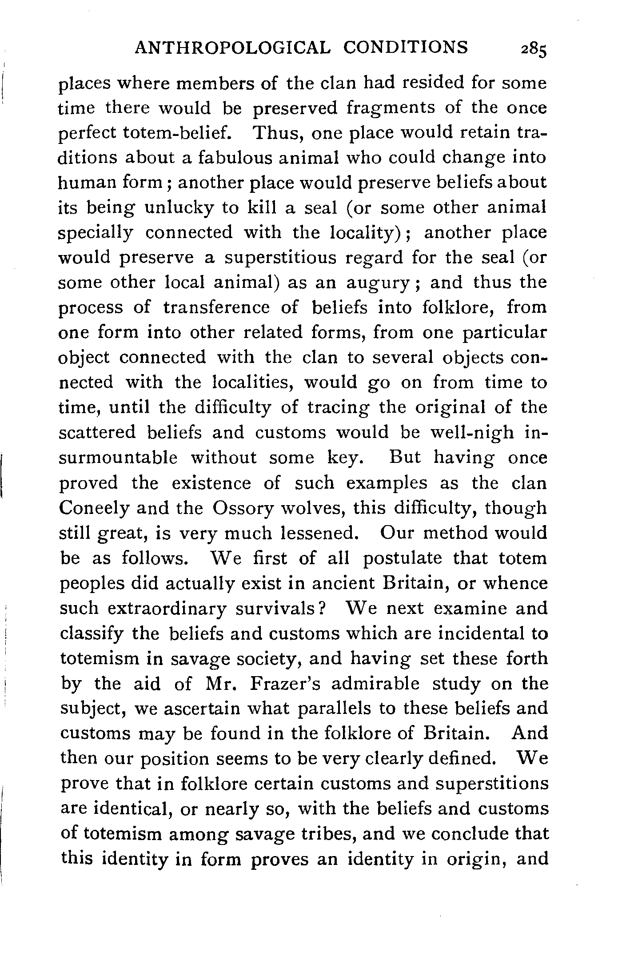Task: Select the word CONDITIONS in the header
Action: coord(406,47)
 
